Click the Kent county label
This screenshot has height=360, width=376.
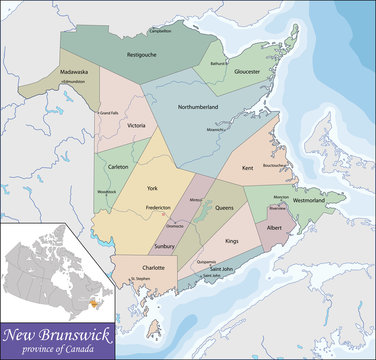click(248, 168)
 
